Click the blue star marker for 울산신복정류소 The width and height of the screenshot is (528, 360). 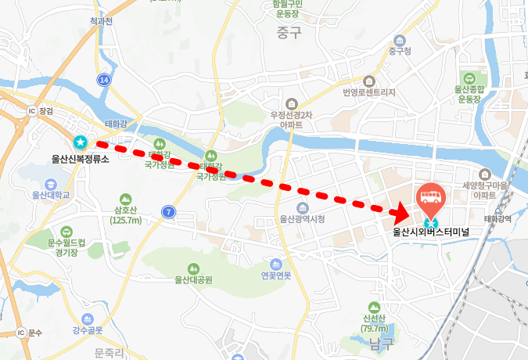tap(80, 142)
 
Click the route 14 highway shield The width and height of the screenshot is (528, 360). tap(105, 80)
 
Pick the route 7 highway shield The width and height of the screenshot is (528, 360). tap(168, 211)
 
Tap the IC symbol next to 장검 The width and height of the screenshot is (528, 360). tap(32, 111)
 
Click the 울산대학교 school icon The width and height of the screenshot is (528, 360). tap(51, 183)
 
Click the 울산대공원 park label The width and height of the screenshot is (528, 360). tap(193, 279)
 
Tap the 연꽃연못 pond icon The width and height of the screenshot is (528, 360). tap(276, 264)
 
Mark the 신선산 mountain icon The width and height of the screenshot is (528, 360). tap(372, 307)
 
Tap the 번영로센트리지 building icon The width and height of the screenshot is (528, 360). tap(369, 81)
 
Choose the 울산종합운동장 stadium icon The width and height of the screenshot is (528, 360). tap(469, 78)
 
